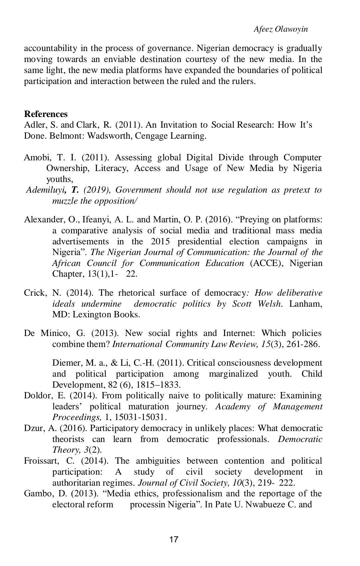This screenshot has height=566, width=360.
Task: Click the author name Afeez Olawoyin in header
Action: click(x=281, y=29)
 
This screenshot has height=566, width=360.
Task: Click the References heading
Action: click(x=46, y=114)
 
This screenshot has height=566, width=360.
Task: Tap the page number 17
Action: click(x=174, y=540)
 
